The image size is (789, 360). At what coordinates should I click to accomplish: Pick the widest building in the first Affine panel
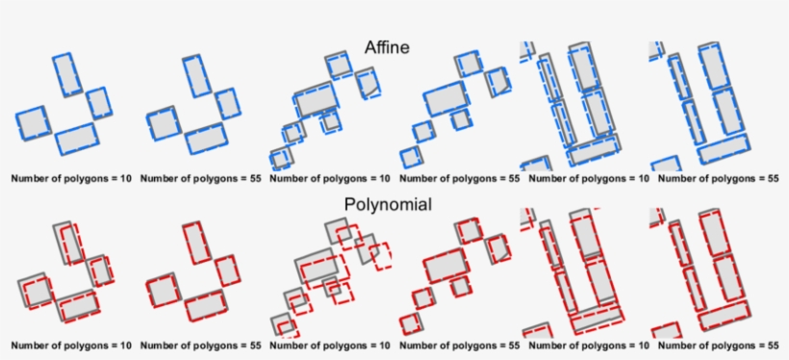[77, 139]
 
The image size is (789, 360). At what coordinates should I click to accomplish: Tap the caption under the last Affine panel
[718, 178]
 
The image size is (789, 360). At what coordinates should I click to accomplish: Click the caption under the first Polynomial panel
[72, 344]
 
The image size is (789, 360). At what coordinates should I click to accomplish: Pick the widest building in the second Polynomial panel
[207, 305]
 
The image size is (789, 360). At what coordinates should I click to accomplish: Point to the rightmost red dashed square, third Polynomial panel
[381, 256]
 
